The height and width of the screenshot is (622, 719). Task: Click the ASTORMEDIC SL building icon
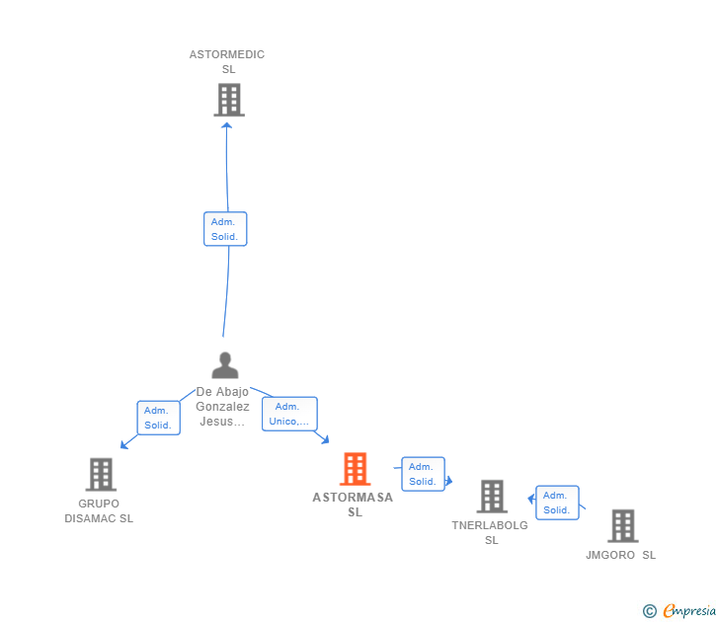(228, 100)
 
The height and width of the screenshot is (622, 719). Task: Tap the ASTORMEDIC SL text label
(227, 62)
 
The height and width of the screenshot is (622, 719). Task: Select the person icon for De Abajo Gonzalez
(225, 365)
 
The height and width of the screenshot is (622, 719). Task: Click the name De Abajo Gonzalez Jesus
(222, 407)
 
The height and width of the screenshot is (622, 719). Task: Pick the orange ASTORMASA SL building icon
(355, 469)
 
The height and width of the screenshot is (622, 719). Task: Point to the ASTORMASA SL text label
(354, 505)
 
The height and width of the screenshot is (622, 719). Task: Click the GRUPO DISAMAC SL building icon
(101, 475)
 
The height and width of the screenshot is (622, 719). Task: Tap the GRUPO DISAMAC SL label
(99, 510)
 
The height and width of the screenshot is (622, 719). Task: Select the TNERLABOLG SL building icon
(492, 497)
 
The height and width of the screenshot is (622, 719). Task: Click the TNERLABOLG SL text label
(491, 532)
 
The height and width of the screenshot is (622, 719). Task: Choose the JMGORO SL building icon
(622, 526)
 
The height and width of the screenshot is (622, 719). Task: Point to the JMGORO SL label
(620, 555)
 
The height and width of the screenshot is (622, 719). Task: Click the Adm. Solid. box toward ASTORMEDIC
(225, 229)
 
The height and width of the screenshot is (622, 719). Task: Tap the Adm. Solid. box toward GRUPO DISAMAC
(157, 418)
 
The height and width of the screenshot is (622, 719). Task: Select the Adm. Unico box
(289, 414)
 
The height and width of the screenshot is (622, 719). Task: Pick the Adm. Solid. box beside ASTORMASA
(423, 474)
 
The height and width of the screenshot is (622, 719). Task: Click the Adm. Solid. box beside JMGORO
(557, 503)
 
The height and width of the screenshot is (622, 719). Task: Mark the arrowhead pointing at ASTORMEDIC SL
(226, 124)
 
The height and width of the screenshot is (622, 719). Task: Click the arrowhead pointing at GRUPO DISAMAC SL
(123, 445)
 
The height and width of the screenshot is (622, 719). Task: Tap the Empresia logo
(679, 610)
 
